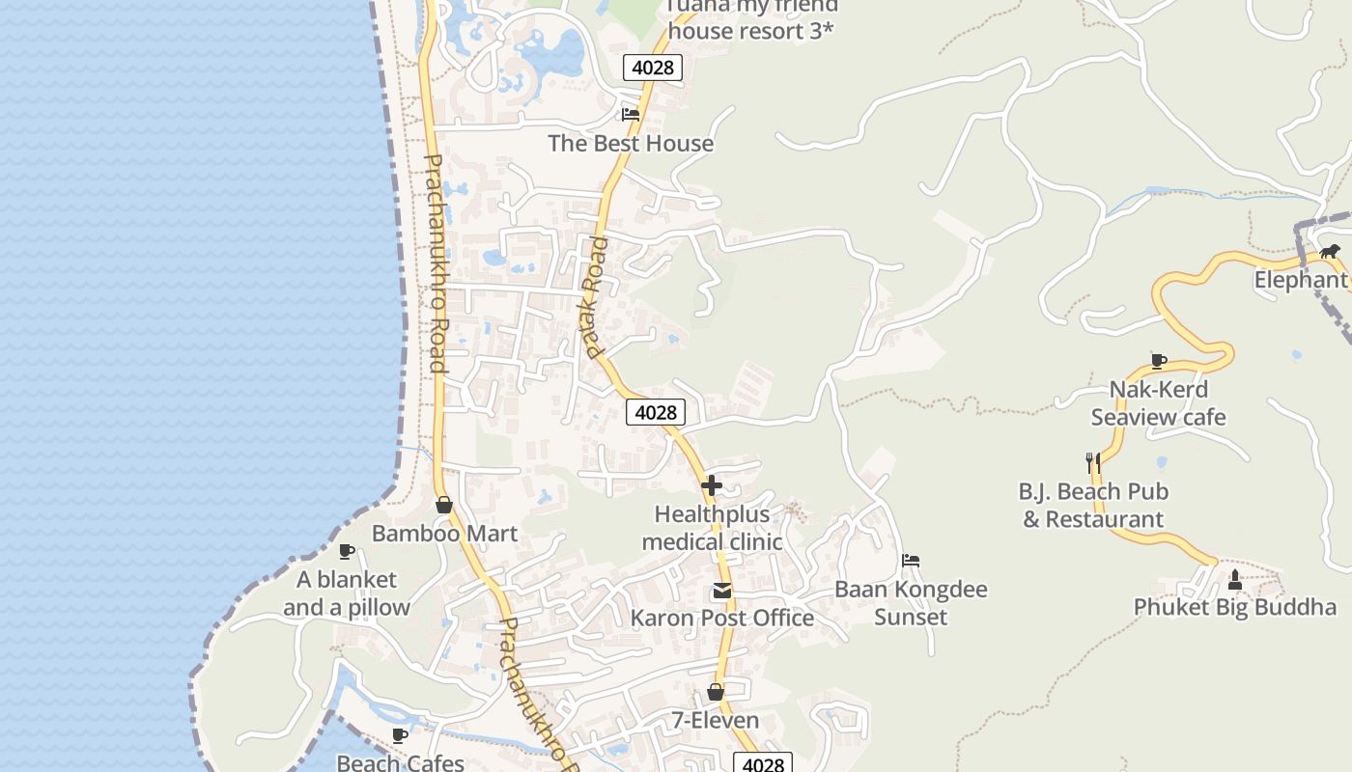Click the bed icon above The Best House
click(x=631, y=114)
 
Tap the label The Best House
click(x=631, y=144)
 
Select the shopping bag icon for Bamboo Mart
click(x=444, y=505)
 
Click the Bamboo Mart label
click(x=444, y=534)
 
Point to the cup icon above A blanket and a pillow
click(x=347, y=551)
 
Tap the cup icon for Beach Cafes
click(x=400, y=736)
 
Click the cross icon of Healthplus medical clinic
click(x=712, y=484)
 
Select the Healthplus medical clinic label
click(x=712, y=528)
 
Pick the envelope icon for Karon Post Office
click(x=721, y=591)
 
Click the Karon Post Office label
click(x=721, y=619)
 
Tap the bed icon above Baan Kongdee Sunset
click(x=911, y=561)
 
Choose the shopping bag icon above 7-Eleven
click(x=716, y=692)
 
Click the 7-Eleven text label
click(x=716, y=721)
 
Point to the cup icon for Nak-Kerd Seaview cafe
click(x=1159, y=361)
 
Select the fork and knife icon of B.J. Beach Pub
click(x=1093, y=463)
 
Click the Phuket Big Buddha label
click(x=1234, y=608)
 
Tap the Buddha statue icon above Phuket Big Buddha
click(x=1234, y=580)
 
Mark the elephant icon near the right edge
click(x=1330, y=252)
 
